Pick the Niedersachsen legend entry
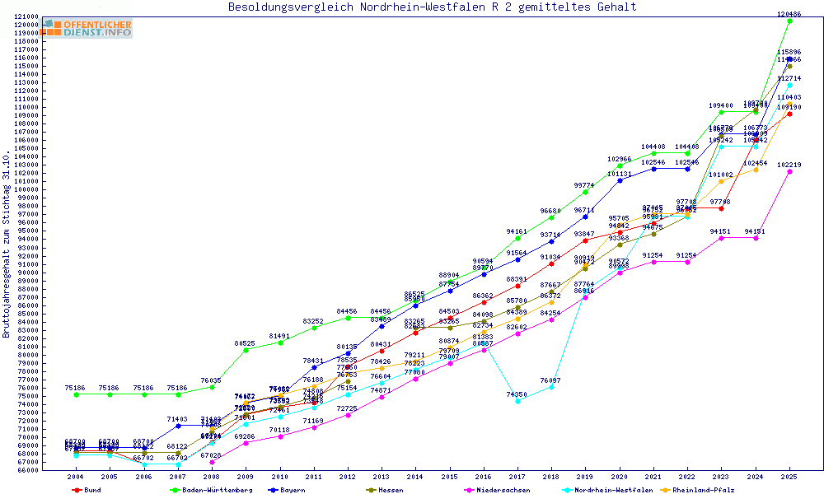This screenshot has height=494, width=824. click(497, 490)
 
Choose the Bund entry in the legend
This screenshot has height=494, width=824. click(88, 490)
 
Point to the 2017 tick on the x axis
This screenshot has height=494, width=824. click(517, 477)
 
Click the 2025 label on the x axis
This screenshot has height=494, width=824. click(789, 477)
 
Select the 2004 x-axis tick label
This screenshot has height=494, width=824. click(76, 477)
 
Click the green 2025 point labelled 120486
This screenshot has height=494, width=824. click(789, 21)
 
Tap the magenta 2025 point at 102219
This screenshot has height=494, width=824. click(789, 171)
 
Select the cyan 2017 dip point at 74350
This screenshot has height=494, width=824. click(517, 401)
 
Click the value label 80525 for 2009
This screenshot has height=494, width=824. click(245, 343)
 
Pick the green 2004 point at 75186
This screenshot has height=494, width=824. click(76, 394)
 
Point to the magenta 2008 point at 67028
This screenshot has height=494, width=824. click(212, 462)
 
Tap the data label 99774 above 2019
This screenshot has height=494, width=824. click(585, 185)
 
